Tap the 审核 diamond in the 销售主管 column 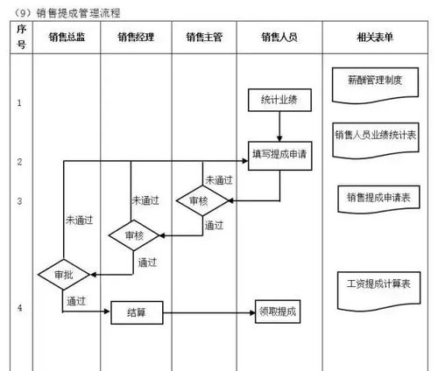(x=199, y=200)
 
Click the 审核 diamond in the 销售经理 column (x=133, y=235)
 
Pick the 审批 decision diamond (x=64, y=274)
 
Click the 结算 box (x=137, y=311)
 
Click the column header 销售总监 (x=67, y=36)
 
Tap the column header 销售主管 (x=204, y=36)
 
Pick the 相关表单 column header (x=375, y=36)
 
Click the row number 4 (x=19, y=308)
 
